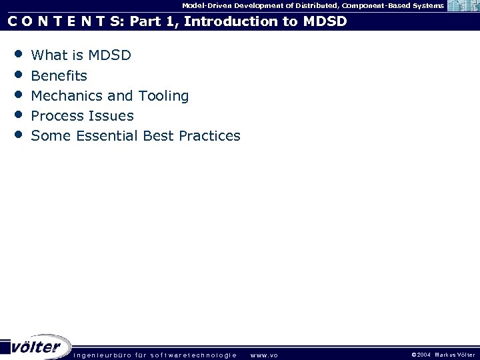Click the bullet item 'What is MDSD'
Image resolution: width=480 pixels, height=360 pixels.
(81, 55)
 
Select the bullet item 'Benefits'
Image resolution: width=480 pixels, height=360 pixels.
(59, 75)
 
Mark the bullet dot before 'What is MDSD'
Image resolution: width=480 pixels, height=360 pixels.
(18, 53)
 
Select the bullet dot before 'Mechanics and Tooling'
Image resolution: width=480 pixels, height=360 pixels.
(18, 93)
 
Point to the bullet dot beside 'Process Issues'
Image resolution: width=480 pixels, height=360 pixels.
(18, 113)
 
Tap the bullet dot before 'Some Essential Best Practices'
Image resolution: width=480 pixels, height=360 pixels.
(18, 133)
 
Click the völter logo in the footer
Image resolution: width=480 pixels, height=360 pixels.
(37, 347)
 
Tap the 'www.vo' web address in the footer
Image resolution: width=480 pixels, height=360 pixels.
(264, 355)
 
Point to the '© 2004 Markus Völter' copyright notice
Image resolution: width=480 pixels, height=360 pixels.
(443, 355)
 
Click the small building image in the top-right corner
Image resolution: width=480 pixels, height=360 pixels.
(463, 7)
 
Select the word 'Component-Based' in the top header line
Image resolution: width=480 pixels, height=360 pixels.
(371, 5)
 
